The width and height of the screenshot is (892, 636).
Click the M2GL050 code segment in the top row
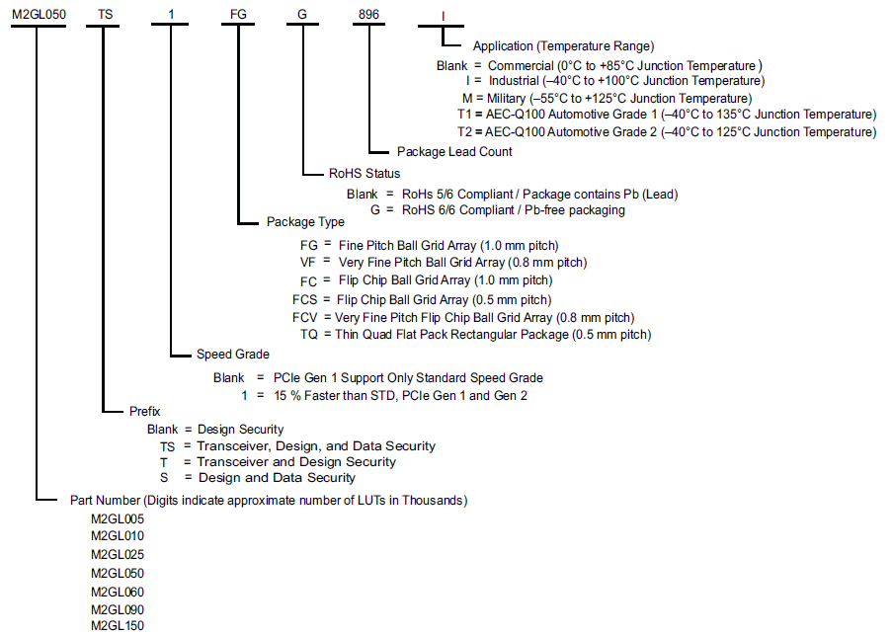39,15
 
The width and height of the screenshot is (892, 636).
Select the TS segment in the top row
106,15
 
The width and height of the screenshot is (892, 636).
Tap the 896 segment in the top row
368,15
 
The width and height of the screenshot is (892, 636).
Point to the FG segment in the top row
238,15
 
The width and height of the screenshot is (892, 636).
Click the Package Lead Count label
454,152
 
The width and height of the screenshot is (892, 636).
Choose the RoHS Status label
365,174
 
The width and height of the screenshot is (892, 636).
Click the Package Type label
305,222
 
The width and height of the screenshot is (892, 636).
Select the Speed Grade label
233,355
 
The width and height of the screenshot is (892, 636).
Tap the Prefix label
145,411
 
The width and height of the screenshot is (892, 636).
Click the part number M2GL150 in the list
118,626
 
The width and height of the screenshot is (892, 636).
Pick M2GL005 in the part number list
118,519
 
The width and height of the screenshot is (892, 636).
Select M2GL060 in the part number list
118,593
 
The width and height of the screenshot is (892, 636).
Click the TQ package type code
309,335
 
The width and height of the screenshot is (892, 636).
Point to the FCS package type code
305,300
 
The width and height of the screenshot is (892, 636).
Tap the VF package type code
308,263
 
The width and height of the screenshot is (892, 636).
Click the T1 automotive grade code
465,115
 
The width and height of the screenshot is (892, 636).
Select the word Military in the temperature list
507,99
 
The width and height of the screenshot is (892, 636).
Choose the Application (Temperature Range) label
564,46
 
